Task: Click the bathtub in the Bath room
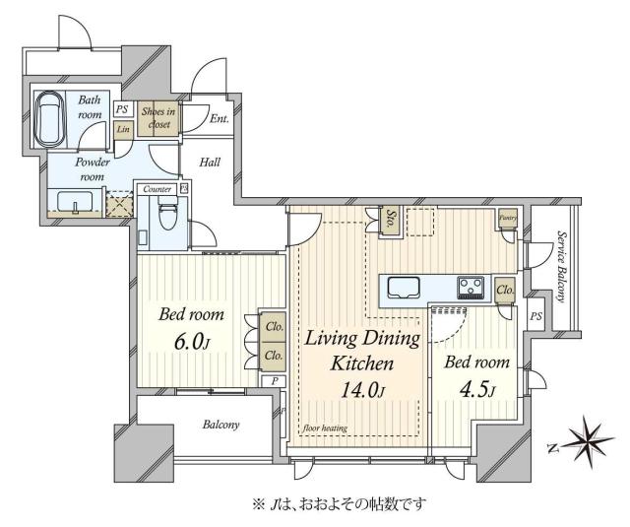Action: click(x=50, y=119)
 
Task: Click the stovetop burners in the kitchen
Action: click(x=470, y=288)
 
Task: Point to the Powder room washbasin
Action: click(x=72, y=203)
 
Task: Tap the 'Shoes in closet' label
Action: click(x=158, y=117)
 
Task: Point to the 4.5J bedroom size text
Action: click(x=476, y=390)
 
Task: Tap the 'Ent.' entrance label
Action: click(x=219, y=120)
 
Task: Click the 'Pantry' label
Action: click(x=508, y=217)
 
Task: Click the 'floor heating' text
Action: click(x=327, y=428)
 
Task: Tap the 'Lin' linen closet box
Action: click(x=123, y=129)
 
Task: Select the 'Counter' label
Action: click(x=157, y=188)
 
